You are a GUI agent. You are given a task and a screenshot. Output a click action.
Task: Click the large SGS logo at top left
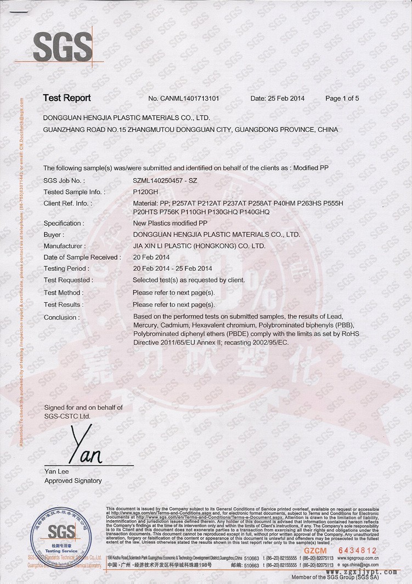coord(63,46)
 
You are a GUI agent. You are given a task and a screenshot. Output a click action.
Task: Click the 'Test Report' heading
coord(67,98)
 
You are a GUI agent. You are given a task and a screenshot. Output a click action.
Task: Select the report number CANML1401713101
coord(184,99)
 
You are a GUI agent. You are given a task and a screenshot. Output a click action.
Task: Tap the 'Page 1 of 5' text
coord(342,99)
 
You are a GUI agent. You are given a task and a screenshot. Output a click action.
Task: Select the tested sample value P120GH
coord(145,192)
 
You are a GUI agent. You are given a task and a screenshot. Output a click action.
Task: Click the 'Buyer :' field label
coord(57,235)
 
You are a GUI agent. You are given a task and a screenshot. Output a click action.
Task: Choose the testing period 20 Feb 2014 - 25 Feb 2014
coord(172,269)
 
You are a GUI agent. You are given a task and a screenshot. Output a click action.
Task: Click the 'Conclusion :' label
coord(61,318)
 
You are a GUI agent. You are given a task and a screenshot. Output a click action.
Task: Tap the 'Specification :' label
coord(64,224)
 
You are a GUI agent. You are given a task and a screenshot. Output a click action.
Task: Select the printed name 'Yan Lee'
coord(57,471)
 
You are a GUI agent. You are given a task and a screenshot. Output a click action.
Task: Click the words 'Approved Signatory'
coord(73,481)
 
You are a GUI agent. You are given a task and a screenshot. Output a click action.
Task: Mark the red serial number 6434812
coord(358,549)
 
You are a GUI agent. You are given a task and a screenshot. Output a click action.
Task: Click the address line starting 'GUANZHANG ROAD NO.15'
coord(190,130)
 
